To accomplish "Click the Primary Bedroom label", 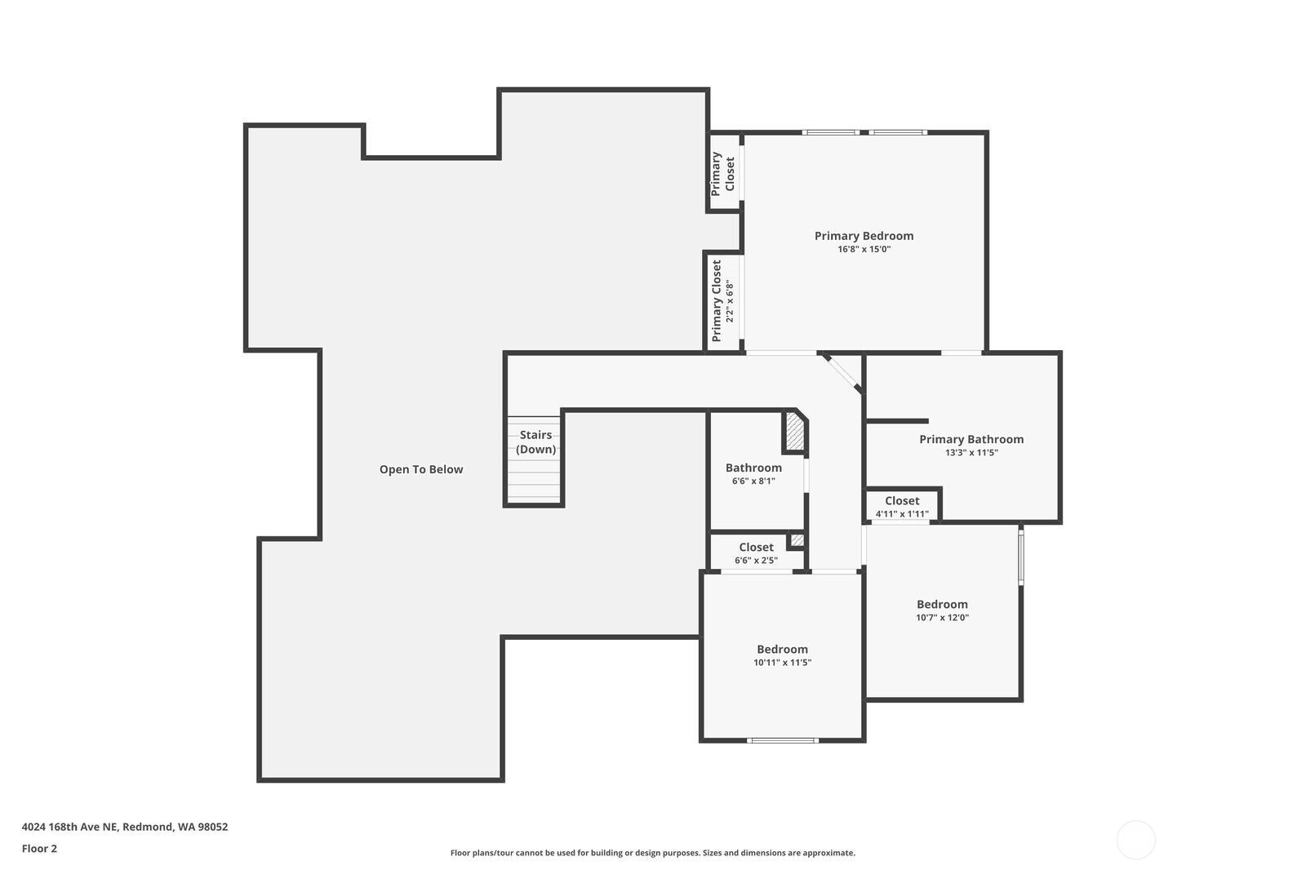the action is pos(864,236).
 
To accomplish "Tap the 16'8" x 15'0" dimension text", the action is pos(864,250).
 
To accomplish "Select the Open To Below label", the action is pos(421,469).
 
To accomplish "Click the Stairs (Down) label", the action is pos(535,442).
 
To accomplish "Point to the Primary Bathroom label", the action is pos(971,440).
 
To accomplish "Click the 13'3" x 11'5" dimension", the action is pos(971,453).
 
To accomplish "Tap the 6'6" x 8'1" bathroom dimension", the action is pos(754,482).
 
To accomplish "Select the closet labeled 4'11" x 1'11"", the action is pos(902,506).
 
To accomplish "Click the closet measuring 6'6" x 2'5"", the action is pos(756,553).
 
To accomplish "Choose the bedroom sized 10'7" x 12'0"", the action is pos(942,611).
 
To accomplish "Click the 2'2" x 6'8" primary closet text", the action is pos(730,301).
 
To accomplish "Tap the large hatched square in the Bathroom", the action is pos(795,432).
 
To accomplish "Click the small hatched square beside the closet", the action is pos(797,540).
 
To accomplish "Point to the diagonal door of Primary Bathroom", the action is pos(842,373).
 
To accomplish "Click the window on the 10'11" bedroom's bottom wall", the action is pos(783,740).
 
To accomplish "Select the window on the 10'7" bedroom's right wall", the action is pos(1021,555).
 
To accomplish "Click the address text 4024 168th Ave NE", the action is pos(70,827).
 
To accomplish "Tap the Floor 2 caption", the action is pos(40,849).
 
